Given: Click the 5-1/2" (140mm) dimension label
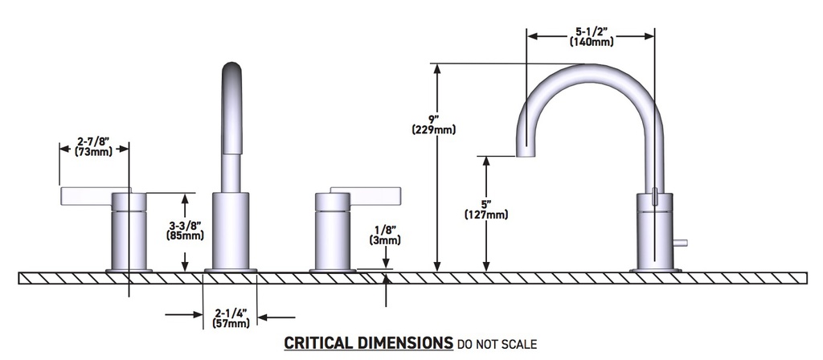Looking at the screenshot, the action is pyautogui.click(x=591, y=37).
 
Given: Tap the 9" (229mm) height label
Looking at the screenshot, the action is pyautogui.click(x=433, y=124).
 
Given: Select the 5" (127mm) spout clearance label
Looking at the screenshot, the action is pyautogui.click(x=486, y=209).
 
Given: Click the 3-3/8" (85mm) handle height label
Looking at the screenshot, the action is pyautogui.click(x=186, y=231).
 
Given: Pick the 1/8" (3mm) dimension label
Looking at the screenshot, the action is pyautogui.click(x=386, y=235).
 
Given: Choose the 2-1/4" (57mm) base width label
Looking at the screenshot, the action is pyautogui.click(x=231, y=318).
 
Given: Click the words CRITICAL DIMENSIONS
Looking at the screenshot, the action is pyautogui.click(x=368, y=343).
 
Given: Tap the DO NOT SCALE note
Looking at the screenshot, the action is pyautogui.click(x=497, y=344).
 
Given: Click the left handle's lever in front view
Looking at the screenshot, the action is pyautogui.click(x=96, y=195).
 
